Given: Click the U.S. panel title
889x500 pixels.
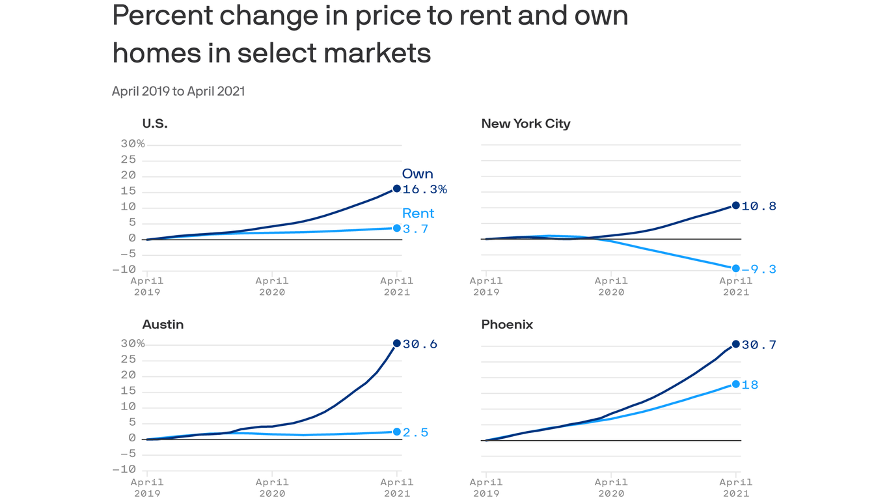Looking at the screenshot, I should (155, 124).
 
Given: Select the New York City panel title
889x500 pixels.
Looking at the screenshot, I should (525, 124).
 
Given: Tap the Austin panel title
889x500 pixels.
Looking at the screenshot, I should (163, 324).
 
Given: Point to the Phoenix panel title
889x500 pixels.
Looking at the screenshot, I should (507, 324).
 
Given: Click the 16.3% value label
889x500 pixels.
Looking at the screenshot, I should (424, 189).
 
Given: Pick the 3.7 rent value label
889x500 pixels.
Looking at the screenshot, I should (415, 229).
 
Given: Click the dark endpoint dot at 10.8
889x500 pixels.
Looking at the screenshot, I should (736, 206).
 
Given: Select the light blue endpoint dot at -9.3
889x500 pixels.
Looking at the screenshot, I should (736, 268).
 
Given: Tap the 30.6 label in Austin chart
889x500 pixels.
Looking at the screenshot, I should (420, 344).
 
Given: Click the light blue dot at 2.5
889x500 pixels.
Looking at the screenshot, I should (397, 432).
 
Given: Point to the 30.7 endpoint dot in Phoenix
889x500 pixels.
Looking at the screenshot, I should (736, 344).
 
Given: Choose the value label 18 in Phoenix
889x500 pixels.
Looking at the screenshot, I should (750, 385).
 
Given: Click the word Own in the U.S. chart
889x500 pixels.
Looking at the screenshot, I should (417, 174).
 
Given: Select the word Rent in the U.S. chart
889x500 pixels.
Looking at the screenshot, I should (418, 214).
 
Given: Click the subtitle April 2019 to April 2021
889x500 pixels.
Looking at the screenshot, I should (178, 91).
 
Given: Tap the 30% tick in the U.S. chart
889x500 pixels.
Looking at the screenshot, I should (133, 143).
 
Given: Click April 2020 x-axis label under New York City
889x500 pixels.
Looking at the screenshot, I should (610, 286).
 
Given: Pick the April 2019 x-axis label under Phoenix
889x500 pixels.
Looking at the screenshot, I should (486, 487).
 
